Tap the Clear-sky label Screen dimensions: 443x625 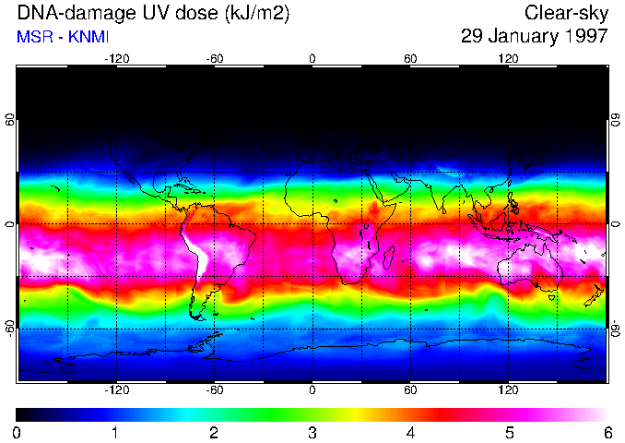[x=566, y=13]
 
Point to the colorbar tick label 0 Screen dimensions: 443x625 [x=17, y=433]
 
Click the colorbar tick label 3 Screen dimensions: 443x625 [x=312, y=433]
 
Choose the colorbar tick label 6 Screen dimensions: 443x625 [x=607, y=433]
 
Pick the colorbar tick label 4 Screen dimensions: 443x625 [x=410, y=433]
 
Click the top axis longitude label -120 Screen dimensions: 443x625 [x=116, y=59]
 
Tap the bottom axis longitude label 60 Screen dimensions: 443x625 [x=410, y=390]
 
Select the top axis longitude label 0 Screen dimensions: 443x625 [x=312, y=59]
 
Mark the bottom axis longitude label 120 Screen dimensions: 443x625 [x=508, y=390]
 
